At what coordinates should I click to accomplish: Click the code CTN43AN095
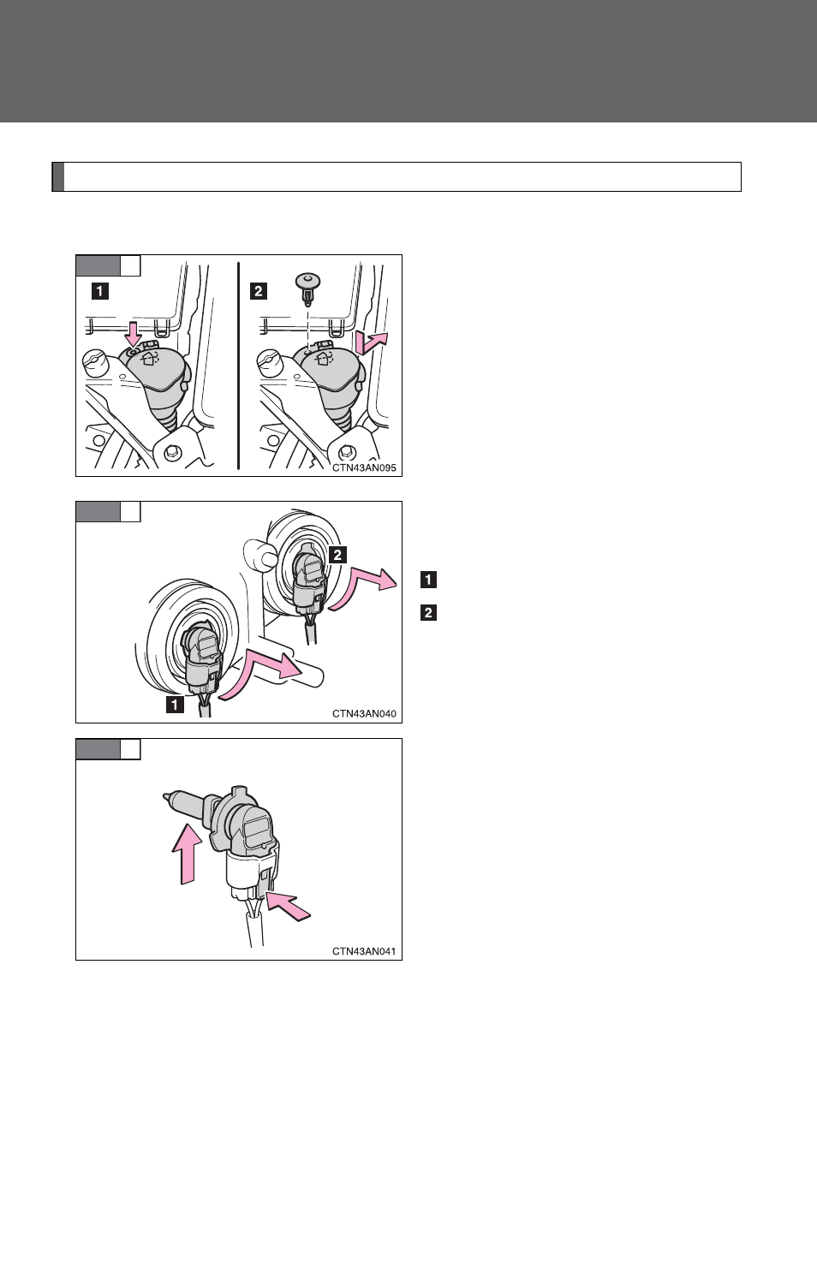click(364, 467)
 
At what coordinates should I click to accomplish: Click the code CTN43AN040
click(364, 714)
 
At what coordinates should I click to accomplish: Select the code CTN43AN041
click(364, 951)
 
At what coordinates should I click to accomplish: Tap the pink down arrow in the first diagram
click(134, 334)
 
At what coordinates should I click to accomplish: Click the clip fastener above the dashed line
click(308, 286)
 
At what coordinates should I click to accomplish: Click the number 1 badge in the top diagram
click(99, 291)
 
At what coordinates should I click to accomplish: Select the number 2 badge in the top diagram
click(258, 291)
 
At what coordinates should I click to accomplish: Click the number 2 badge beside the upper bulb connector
click(337, 555)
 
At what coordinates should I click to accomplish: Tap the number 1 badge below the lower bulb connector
click(175, 705)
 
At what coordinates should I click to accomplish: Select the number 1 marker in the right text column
click(429, 580)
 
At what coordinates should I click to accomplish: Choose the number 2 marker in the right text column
click(429, 612)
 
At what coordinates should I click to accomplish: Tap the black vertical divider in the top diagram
click(239, 365)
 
